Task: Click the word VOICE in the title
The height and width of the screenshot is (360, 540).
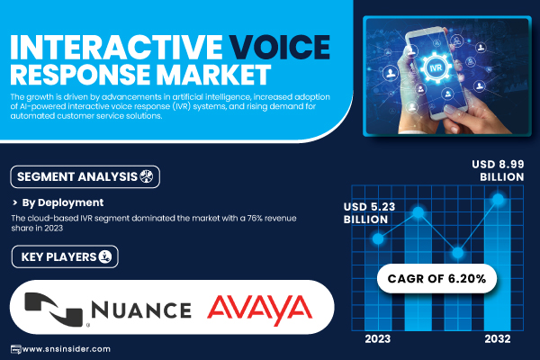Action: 279,47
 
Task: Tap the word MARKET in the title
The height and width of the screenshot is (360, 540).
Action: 213,74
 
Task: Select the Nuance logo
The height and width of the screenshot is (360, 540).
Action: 108,309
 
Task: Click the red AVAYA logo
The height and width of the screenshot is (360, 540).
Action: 260,310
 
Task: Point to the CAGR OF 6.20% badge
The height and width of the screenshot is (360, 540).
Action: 436,278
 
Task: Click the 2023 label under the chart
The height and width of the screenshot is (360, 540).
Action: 377,339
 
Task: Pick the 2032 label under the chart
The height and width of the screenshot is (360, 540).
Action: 498,339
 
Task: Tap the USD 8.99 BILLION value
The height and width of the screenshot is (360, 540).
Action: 498,170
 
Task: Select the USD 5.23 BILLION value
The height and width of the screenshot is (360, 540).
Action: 369,213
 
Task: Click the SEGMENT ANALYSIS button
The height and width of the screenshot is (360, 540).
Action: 85,176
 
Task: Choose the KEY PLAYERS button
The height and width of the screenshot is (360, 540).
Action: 65,256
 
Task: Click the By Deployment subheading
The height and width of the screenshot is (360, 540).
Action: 63,202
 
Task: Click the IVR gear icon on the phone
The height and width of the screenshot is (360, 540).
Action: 436,67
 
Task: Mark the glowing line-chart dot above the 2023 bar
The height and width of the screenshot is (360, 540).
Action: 378,238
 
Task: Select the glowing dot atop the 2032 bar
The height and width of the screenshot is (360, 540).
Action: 498,199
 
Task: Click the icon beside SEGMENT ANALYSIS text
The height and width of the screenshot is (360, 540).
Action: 146,176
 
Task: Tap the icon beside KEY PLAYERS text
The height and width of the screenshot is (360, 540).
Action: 104,256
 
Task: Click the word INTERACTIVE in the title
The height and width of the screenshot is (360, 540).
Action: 117,47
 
